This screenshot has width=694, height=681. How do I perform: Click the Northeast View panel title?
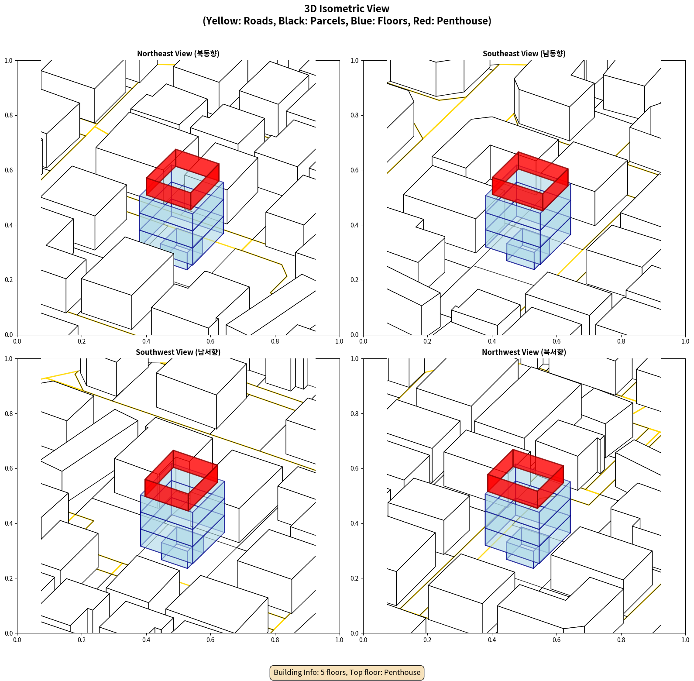pos(178,54)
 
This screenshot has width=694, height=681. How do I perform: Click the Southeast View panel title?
pos(524,54)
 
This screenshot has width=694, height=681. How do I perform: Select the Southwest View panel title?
pos(178,352)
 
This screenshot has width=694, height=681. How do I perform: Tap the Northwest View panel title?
pos(524,352)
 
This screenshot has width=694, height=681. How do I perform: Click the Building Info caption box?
pos(347,672)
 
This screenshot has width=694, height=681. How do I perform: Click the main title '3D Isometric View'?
pos(347,9)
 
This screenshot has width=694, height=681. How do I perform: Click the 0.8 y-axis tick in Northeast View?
pos(9,115)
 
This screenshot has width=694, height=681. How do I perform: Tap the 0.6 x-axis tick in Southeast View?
pos(557,341)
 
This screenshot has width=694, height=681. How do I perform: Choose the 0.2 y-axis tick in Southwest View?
pos(9,578)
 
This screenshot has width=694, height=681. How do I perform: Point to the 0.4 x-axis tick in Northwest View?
pos(492,640)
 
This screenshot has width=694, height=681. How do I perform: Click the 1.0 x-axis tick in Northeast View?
pos(339,341)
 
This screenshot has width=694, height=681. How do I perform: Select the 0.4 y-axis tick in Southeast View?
pos(354,225)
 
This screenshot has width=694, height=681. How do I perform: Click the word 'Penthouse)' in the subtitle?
pos(464,21)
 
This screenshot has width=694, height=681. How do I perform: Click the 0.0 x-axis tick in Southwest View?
pos(17,640)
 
